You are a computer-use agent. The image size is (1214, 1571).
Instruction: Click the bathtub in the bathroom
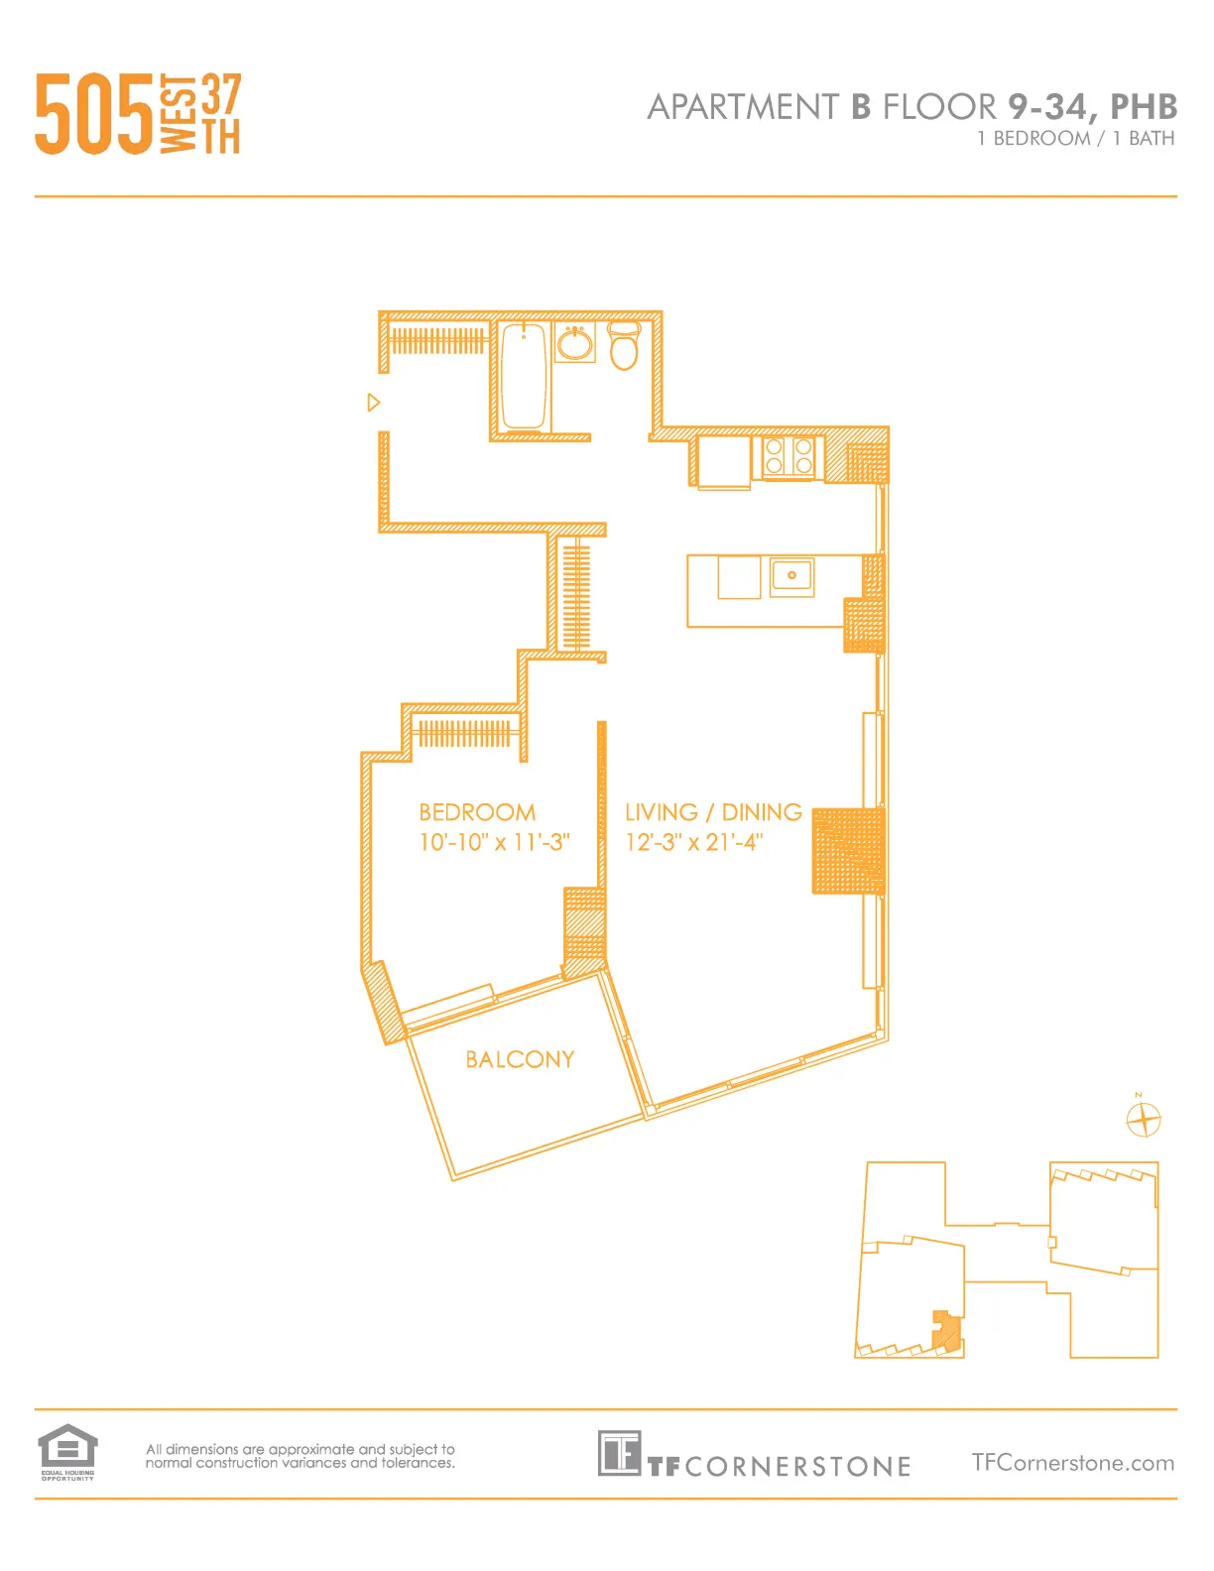524,376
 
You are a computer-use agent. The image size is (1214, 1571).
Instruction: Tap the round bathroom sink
574,344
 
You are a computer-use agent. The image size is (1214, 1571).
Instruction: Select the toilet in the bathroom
624,345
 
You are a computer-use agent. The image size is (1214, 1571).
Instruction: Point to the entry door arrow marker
373,402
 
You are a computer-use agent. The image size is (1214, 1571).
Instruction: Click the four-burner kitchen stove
789,457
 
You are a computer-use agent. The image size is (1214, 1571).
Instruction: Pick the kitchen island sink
791,575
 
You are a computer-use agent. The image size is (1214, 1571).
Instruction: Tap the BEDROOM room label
477,812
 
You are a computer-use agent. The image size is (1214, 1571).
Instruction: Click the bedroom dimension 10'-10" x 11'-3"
494,842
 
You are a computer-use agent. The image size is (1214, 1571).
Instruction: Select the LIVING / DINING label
713,812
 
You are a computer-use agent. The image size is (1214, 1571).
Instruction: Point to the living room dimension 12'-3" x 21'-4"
694,842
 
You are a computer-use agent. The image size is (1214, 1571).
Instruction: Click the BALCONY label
520,1059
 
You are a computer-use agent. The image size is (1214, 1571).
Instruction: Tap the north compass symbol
1144,1119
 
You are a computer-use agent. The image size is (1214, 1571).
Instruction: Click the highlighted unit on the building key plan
946,1332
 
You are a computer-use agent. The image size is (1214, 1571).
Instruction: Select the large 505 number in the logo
94,114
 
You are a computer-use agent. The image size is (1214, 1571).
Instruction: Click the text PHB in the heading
1143,106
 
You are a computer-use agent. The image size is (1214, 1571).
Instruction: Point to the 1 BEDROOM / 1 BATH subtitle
1075,138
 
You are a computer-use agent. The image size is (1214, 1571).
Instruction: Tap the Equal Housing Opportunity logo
67,1451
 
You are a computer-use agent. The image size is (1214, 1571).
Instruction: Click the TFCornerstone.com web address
1072,1463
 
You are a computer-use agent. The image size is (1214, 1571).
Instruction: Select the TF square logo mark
619,1453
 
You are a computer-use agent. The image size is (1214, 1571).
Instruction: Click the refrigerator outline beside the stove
723,461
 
